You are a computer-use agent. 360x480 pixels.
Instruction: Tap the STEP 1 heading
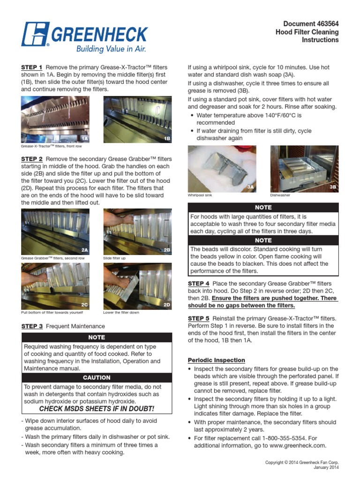click(32, 67)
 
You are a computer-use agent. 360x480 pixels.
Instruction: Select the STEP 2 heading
click(32, 159)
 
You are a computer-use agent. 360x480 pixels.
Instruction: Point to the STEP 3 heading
click(32, 326)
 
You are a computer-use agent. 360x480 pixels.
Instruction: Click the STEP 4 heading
click(199, 284)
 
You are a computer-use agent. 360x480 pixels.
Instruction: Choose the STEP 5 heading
click(199, 318)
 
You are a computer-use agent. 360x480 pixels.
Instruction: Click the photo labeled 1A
click(55, 120)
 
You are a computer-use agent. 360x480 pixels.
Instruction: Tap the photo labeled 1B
click(137, 120)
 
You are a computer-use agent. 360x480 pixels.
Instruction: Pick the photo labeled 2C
click(55, 286)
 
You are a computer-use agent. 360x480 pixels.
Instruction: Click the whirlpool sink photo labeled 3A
click(222, 169)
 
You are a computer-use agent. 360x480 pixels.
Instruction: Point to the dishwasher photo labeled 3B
click(304, 169)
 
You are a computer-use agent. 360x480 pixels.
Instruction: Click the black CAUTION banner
click(97, 377)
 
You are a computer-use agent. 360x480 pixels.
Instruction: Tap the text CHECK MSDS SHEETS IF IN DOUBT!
click(97, 409)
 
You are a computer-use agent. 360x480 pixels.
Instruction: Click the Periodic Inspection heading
click(216, 360)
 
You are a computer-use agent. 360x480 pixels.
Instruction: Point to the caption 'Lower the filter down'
click(121, 313)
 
